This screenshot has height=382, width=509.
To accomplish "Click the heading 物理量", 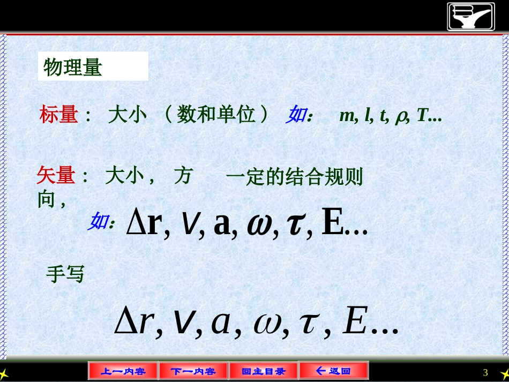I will pos(73,68).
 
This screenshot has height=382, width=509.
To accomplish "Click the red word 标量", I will pos(59,115).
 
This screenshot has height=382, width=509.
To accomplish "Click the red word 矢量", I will pos(56,175).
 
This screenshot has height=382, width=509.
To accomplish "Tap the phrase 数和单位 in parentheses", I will pos(216,115).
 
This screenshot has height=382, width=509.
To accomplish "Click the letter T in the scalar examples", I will pos(421,115).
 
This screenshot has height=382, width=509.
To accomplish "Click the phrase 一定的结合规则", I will pos(294,176).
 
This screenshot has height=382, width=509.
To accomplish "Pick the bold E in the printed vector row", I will pos(332,225).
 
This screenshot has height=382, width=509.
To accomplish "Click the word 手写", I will pos(65,274).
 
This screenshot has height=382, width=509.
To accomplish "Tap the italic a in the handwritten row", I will pos(220,322).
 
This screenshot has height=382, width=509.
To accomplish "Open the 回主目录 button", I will pos(263,371).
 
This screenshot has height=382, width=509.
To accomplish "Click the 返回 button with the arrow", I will pos(333,370).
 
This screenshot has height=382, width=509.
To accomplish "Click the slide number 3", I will pos(485,372).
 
